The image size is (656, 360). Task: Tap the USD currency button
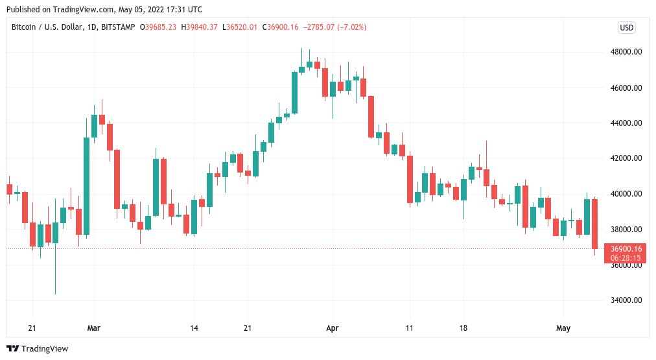(x=626, y=27)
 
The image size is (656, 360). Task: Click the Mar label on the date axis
(x=95, y=328)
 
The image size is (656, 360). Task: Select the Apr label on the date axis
(x=332, y=328)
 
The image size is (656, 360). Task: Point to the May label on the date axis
(x=563, y=328)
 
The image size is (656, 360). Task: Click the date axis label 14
(x=194, y=328)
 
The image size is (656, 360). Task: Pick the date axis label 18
(x=463, y=328)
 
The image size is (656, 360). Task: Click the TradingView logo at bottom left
(x=38, y=349)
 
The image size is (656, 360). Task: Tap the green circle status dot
(x=143, y=27)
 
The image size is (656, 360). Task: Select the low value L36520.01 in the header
(x=240, y=27)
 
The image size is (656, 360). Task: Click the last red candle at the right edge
(x=595, y=224)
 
